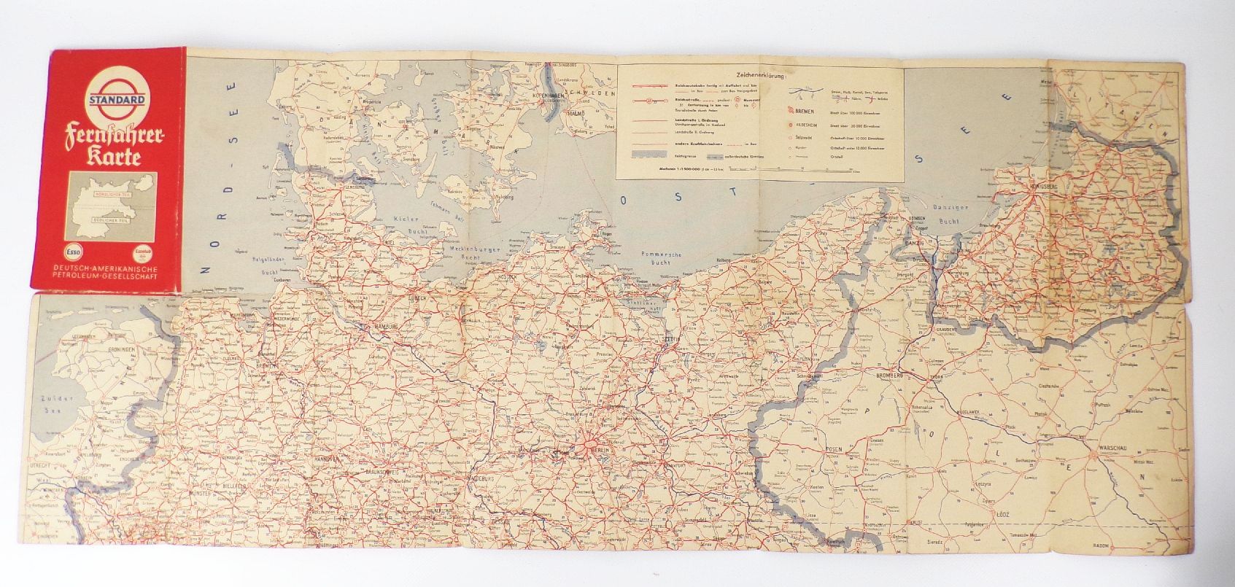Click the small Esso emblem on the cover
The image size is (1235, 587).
click(x=71, y=254)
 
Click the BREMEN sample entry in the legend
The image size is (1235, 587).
click(x=805, y=112)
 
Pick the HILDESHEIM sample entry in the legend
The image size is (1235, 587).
click(x=808, y=124)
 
